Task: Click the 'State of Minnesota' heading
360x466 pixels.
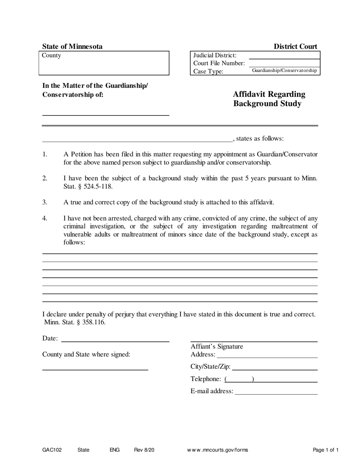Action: click(x=72, y=47)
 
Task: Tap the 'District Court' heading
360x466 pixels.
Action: click(x=296, y=47)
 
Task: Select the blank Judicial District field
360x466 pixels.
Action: click(x=284, y=55)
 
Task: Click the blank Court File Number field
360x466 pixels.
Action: click(x=284, y=63)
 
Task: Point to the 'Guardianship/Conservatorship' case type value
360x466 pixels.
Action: click(x=284, y=71)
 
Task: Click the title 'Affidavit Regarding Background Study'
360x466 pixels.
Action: click(x=269, y=99)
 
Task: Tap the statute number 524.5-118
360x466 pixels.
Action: click(x=96, y=186)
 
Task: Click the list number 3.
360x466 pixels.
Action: click(x=45, y=202)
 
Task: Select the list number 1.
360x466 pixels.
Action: click(x=45, y=154)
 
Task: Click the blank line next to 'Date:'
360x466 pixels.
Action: click(x=115, y=339)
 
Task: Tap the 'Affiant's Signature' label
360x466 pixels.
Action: click(x=217, y=346)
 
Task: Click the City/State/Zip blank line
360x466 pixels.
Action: click(x=274, y=367)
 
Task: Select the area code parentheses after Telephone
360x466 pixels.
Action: click(x=239, y=379)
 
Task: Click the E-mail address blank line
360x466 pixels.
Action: click(x=276, y=391)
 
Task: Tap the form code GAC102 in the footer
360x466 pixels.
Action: click(x=52, y=450)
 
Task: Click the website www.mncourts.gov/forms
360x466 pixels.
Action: click(x=218, y=450)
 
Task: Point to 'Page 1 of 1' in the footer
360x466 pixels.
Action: click(x=326, y=450)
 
